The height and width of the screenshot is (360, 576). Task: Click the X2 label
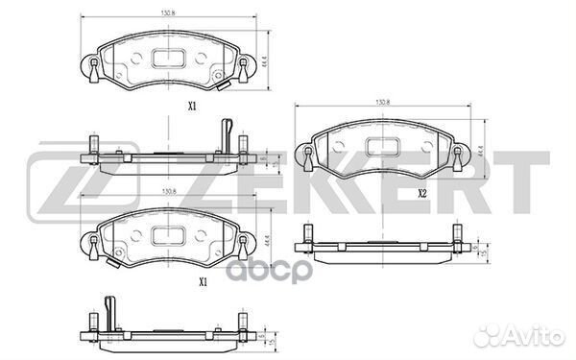point(421,193)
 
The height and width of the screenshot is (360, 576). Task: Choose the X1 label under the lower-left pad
point(203,281)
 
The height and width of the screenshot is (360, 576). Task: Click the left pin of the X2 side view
point(308,235)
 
